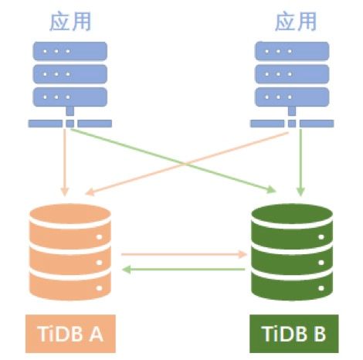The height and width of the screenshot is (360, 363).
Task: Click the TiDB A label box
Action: (x=70, y=334)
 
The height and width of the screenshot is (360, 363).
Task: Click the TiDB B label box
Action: (x=294, y=334)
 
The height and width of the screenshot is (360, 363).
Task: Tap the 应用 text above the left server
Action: (x=70, y=22)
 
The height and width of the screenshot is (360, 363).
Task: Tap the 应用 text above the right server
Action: (x=296, y=22)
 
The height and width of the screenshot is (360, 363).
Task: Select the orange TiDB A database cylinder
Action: (x=70, y=252)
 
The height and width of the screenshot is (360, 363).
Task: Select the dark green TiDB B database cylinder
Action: (x=292, y=252)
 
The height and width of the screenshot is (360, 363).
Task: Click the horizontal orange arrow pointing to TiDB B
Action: (x=184, y=254)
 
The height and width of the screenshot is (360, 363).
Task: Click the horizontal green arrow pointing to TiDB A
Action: (x=184, y=270)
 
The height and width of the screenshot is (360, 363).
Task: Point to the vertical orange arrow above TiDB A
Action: (x=65, y=162)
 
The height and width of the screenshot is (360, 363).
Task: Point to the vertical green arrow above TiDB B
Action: (x=300, y=162)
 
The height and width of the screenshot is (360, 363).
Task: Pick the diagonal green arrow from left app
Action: (x=173, y=161)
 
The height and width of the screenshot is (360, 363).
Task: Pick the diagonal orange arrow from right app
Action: (x=187, y=163)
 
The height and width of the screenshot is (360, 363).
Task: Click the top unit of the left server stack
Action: (x=70, y=51)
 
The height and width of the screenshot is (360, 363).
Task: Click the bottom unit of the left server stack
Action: (x=70, y=97)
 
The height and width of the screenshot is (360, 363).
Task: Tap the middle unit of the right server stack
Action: (x=292, y=74)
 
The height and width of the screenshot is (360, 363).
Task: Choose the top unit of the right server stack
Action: (x=292, y=51)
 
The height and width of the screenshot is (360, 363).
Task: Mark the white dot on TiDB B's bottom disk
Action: (x=321, y=288)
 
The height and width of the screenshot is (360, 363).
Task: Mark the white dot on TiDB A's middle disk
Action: (x=99, y=263)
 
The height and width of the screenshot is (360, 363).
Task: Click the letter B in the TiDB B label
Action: (x=319, y=334)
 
